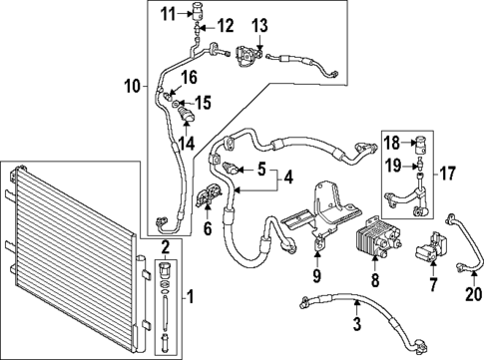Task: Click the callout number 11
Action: (x=167, y=12)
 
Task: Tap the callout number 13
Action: (x=259, y=25)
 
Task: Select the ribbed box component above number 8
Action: (x=374, y=239)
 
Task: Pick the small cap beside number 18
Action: (x=422, y=142)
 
